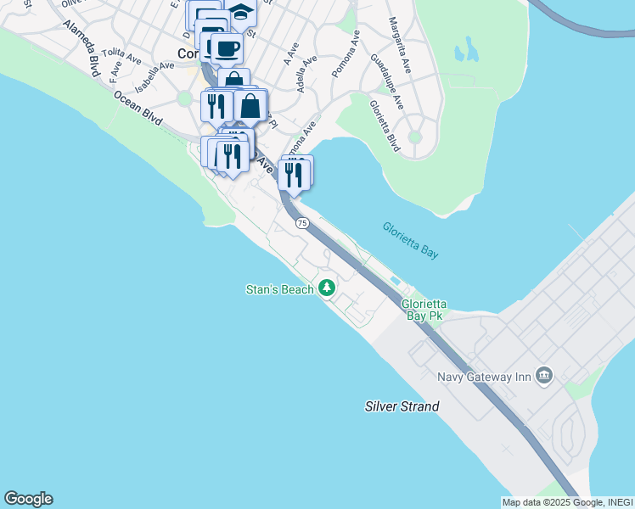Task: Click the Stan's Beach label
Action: (280, 290)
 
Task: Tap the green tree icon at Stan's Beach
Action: (327, 288)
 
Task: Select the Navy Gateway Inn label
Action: (484, 377)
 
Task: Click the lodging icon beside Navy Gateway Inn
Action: (543, 375)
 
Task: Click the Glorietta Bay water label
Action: (410, 241)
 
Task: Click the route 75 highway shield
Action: (302, 222)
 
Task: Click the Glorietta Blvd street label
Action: (384, 126)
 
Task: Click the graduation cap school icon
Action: (242, 14)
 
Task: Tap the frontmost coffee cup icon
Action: (226, 48)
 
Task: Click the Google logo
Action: (28, 499)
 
